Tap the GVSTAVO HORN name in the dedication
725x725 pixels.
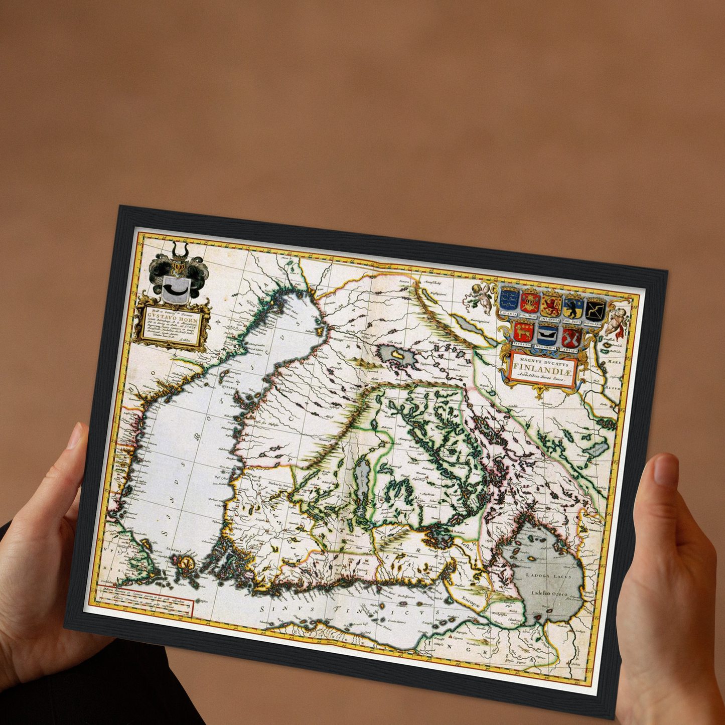pos(169,317)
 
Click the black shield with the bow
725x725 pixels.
pos(595,310)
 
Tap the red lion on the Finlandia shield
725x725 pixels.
pos(551,305)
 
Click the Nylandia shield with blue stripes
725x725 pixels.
pos(547,334)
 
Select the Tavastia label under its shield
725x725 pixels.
pos(522,344)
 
